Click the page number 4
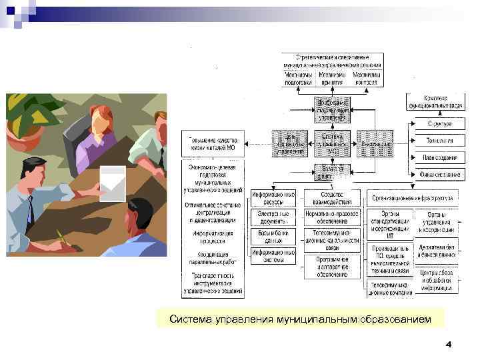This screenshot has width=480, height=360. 448,345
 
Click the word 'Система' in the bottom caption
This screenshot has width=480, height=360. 190,320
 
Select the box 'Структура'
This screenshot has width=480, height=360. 437,123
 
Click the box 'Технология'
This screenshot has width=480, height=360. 437,141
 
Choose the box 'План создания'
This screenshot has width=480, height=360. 437,158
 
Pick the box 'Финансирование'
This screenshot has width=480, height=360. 437,175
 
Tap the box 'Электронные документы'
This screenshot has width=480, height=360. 273,217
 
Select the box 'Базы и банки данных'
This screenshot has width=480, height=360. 273,236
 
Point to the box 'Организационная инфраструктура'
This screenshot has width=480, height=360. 413,198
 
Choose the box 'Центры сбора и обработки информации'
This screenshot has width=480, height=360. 437,281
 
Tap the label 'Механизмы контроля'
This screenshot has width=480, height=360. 367,79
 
